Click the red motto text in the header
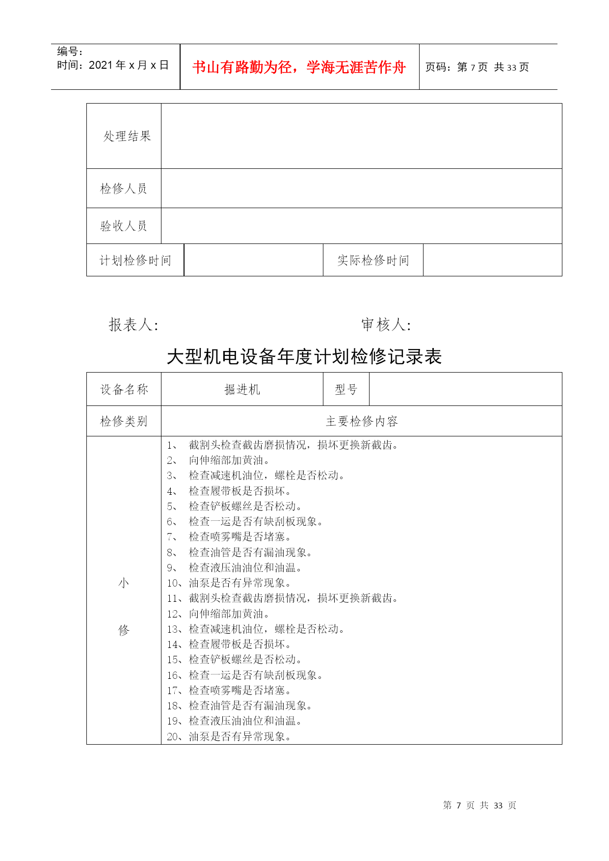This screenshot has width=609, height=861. pyautogui.click(x=299, y=67)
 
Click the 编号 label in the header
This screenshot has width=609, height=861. pyautogui.click(x=70, y=52)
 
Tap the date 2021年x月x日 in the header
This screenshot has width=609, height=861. pyautogui.click(x=129, y=65)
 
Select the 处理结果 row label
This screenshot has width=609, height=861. pyautogui.click(x=127, y=136)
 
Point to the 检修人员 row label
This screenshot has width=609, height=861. pyautogui.click(x=124, y=188)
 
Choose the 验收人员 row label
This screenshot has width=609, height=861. pyautogui.click(x=124, y=226)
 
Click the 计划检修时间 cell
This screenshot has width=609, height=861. pyautogui.click(x=135, y=260)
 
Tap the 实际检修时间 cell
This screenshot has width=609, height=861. pyautogui.click(x=373, y=260)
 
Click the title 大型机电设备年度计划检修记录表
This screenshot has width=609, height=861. pyautogui.click(x=304, y=357)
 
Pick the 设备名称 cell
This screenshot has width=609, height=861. pyautogui.click(x=124, y=389)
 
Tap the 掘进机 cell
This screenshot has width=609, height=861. pyautogui.click(x=242, y=389)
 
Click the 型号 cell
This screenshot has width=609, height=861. pyautogui.click(x=346, y=389)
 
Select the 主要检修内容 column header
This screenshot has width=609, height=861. pyautogui.click(x=362, y=421)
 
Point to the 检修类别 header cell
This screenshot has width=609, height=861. pyautogui.click(x=124, y=421)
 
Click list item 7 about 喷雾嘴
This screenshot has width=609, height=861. pyautogui.click(x=230, y=537)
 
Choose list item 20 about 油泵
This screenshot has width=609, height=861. pyautogui.click(x=230, y=736)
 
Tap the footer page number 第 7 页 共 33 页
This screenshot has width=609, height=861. pyautogui.click(x=479, y=805)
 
